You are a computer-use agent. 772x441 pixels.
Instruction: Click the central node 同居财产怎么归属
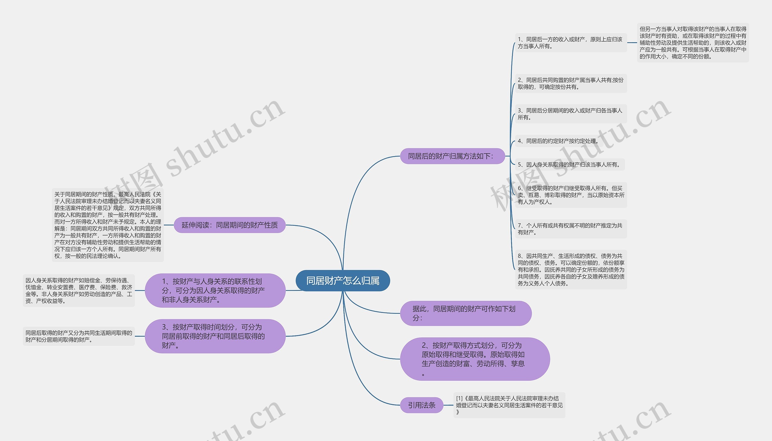pyautogui.click(x=343, y=281)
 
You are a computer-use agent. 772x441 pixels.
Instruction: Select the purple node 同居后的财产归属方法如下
pyautogui.click(x=452, y=156)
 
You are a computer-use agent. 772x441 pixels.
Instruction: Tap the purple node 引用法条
pyautogui.click(x=422, y=405)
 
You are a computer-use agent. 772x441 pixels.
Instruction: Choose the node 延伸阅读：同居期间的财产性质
pyautogui.click(x=229, y=225)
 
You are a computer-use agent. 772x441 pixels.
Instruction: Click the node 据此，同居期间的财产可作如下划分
pyautogui.click(x=465, y=313)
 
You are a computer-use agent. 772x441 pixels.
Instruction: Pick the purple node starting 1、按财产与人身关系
pyautogui.click(x=215, y=291)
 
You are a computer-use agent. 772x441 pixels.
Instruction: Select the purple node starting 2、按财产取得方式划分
pyautogui.click(x=474, y=359)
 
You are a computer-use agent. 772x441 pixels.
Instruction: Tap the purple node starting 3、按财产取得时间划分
pyautogui.click(x=215, y=336)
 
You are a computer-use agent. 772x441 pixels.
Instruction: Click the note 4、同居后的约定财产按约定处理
pyautogui.click(x=558, y=141)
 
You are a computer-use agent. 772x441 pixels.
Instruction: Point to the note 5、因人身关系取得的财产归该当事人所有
pyautogui.click(x=569, y=165)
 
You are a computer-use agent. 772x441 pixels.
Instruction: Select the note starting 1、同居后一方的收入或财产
pyautogui.click(x=571, y=43)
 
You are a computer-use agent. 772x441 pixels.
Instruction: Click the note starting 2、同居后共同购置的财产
pyautogui.click(x=571, y=83)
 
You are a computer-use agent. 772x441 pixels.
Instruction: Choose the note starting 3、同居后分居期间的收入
pyautogui.click(x=571, y=114)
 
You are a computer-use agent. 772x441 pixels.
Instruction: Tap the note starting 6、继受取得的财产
pyautogui.click(x=571, y=195)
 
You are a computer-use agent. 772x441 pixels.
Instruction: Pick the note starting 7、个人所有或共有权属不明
pyautogui.click(x=571, y=229)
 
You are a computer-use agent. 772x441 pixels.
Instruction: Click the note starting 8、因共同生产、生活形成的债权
pyautogui.click(x=571, y=269)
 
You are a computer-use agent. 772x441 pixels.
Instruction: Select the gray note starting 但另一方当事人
pyautogui.click(x=693, y=43)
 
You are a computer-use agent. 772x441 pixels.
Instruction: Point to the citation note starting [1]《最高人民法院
pyautogui.click(x=509, y=405)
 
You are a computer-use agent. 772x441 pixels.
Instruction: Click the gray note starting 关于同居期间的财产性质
pyautogui.click(x=108, y=225)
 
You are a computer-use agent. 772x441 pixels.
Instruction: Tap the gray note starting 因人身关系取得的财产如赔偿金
pyautogui.click(x=79, y=291)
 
